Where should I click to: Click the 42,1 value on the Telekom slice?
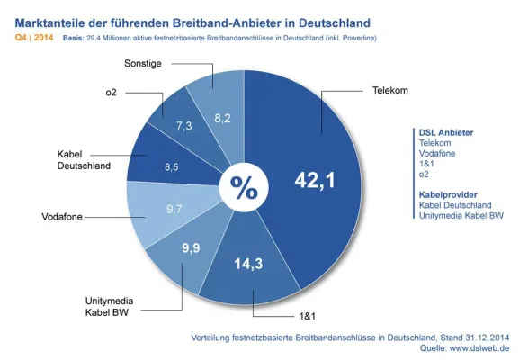[315, 181]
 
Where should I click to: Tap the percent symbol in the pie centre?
[244, 187]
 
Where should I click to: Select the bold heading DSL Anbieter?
[447, 132]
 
